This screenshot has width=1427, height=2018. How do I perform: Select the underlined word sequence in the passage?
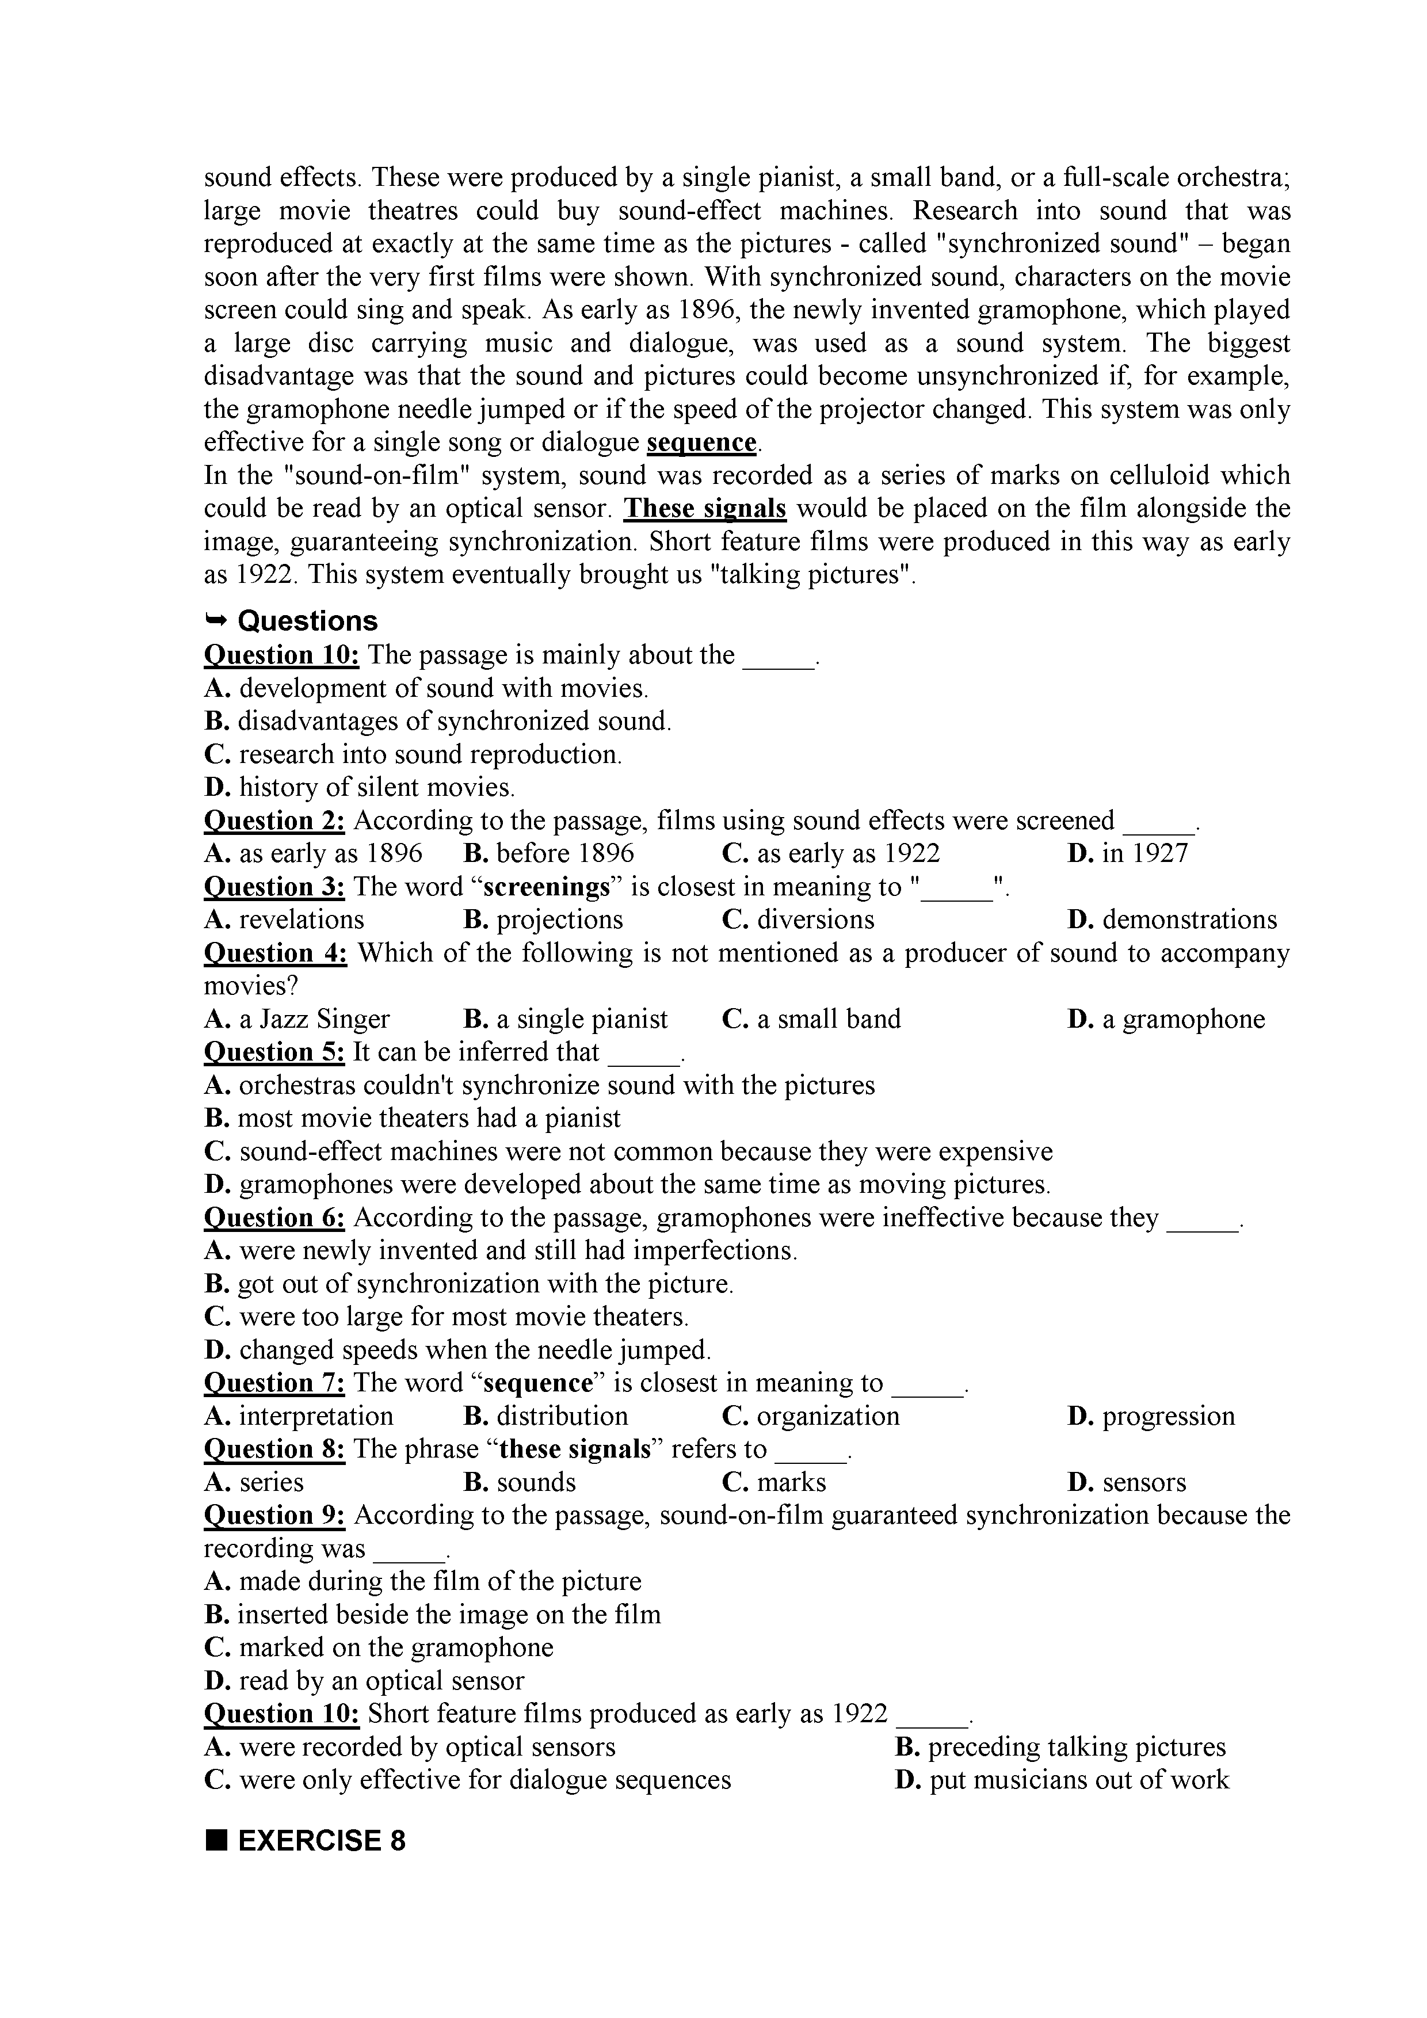(701, 442)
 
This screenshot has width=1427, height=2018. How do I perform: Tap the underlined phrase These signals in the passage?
(705, 509)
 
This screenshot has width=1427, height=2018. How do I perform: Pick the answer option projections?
(543, 920)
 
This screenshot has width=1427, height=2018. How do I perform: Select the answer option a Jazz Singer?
(297, 1020)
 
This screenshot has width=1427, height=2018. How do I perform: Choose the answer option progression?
(1151, 1416)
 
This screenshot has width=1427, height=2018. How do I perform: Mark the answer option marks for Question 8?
(774, 1483)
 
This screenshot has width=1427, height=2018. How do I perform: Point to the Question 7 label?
(274, 1383)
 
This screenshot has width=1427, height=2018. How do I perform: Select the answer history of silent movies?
(360, 788)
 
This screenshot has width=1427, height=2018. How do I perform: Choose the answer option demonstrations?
(1172, 920)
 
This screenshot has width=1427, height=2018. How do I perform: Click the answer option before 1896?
(549, 853)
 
